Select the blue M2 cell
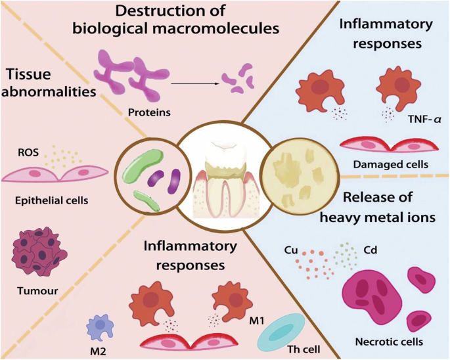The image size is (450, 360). coord(101,325)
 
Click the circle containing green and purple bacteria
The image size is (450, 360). coord(150,174)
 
